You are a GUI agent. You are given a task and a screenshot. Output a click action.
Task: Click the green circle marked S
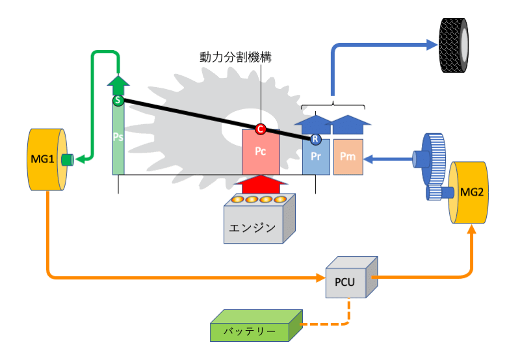point(118,101)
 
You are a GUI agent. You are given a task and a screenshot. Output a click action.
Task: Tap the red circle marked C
point(261,129)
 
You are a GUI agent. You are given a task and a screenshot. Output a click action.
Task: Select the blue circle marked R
point(315,138)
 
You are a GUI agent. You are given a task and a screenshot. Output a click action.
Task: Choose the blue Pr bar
point(317,158)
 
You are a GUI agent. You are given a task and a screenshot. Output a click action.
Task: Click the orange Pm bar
point(348,157)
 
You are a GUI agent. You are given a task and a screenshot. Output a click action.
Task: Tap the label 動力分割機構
point(235,57)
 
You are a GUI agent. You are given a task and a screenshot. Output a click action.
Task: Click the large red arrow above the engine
point(261,185)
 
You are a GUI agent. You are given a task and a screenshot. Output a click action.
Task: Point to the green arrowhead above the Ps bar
point(118,84)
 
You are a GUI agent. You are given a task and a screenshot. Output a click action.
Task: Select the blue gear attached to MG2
point(432,159)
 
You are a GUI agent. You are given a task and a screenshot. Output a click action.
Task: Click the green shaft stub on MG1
point(66,159)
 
